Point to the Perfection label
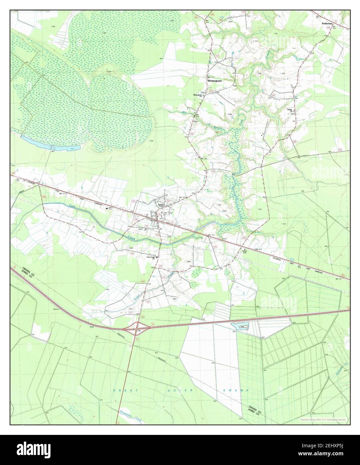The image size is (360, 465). pyautogui.click(x=327, y=24)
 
